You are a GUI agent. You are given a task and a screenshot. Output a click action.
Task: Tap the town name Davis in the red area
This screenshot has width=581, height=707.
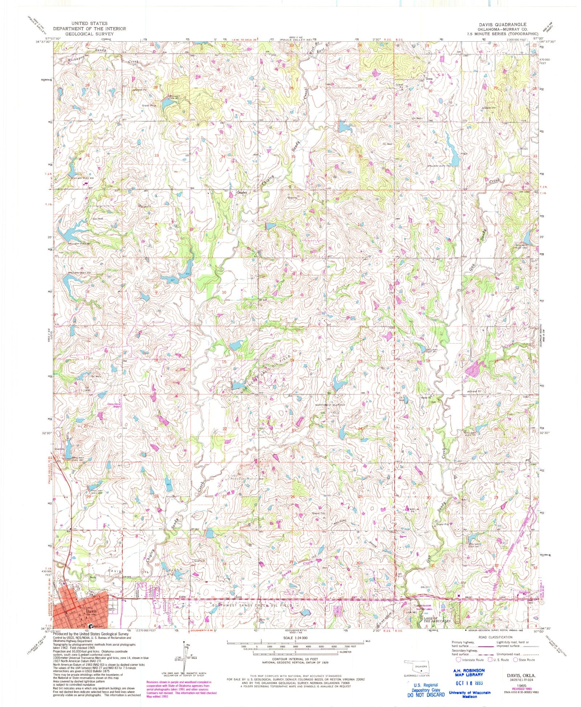[x=92, y=611]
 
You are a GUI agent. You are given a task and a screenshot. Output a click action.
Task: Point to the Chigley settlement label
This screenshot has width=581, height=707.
[x=242, y=192]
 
